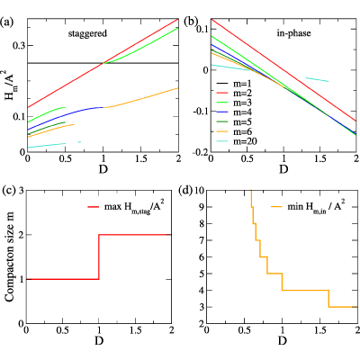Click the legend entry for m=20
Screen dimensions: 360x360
(237, 141)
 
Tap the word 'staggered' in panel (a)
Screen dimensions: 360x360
(87, 33)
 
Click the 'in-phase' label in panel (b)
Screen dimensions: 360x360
(293, 33)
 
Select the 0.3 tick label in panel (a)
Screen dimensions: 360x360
(19, 46)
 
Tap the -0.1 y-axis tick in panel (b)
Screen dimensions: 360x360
(200, 112)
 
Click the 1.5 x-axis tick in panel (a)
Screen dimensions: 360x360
(140, 158)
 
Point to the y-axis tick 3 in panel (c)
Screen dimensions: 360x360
(22, 190)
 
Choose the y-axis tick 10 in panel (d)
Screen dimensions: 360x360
(200, 190)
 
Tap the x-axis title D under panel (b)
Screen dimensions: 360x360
(283, 169)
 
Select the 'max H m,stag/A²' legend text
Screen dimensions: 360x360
(134, 207)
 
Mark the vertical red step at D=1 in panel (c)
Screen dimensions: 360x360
(99, 256)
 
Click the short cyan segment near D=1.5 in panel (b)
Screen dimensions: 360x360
(317, 79)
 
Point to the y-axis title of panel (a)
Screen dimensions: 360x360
(10, 85)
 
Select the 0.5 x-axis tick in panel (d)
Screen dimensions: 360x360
(244, 329)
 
